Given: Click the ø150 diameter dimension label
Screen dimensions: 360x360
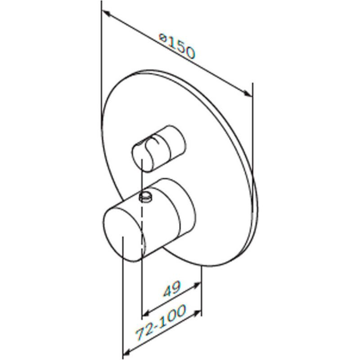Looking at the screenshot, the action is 177,46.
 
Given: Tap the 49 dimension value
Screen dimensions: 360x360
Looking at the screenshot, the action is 172,289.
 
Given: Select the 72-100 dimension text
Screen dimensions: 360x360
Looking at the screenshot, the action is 161,322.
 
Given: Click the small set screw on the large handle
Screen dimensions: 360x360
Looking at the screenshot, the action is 145,197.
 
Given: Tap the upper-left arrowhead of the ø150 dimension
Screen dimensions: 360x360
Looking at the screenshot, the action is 106,13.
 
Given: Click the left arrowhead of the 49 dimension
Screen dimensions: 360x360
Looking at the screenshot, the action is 147,313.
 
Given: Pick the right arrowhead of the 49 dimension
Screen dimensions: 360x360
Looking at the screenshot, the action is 198,285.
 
